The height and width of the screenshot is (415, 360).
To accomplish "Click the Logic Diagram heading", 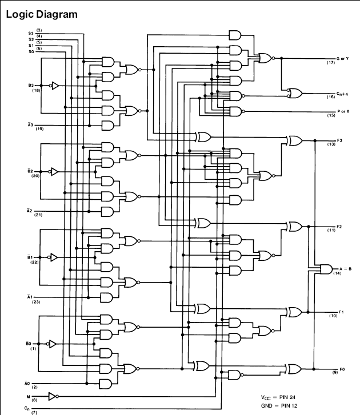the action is tap(42, 14).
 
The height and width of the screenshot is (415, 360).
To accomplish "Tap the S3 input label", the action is tap(31, 33).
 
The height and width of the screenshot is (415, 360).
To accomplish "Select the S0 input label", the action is tap(31, 51).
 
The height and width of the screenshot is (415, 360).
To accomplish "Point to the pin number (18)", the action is tap(36, 91).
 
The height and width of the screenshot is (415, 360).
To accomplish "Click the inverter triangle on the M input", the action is tap(52, 396).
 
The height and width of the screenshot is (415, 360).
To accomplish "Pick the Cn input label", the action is tap(27, 408).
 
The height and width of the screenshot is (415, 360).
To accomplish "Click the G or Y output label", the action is tap(342, 58).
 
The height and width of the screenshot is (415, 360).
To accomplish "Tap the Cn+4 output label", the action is tap(342, 94).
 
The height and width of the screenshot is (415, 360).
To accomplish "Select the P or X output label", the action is tap(343, 111).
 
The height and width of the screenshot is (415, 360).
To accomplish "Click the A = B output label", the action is tap(346, 269).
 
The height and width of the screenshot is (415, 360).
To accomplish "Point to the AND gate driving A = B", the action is tap(326, 269).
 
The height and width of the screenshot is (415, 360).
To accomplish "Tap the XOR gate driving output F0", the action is tap(294, 369).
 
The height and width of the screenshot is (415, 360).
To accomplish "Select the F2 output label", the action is tap(339, 227).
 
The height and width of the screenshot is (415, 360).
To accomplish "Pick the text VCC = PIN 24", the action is tap(278, 397).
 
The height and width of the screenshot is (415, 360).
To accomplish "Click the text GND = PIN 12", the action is tap(279, 405).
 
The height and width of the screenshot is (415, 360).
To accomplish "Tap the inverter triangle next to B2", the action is tap(54, 171).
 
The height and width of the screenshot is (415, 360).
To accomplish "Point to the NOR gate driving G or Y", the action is tap(266, 58).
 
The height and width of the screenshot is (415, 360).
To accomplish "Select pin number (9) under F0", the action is tap(335, 373).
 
